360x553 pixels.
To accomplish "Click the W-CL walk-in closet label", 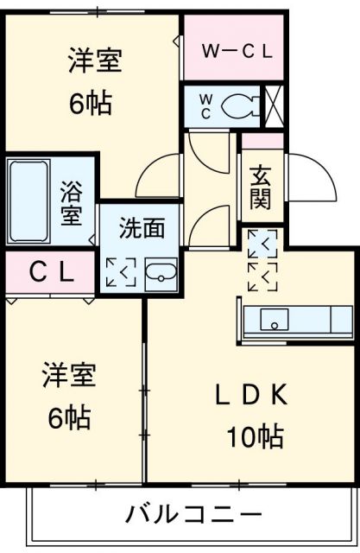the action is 237,52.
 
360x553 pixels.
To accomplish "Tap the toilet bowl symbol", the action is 240,105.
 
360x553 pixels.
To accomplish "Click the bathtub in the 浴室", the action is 28,200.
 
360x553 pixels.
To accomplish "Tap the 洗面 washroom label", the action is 142,227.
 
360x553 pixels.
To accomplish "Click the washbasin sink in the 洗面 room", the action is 161,275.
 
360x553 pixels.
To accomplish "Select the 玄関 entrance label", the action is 261,188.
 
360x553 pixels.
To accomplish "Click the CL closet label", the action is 52,273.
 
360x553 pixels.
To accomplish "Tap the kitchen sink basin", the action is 275,320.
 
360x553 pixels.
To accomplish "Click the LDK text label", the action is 251,395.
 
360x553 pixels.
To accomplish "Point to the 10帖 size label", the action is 255,436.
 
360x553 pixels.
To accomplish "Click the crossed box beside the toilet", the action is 274,106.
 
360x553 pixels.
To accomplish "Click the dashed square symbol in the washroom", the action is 121,272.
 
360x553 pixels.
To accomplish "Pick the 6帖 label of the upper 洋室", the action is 91,104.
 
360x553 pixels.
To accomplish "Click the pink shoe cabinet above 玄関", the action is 262,141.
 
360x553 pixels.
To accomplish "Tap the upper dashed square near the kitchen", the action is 262,244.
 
